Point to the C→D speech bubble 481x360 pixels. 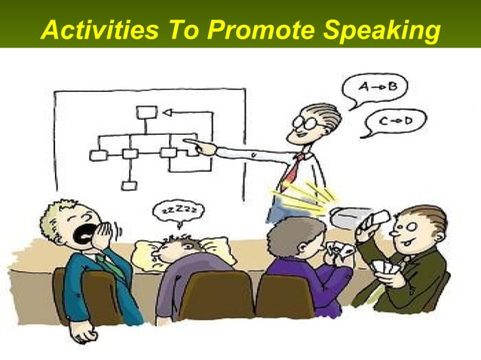point(394,121)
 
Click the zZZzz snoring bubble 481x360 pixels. point(179,213)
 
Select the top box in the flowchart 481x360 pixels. point(146,112)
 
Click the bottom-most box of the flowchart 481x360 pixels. point(130,185)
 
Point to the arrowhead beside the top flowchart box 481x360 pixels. point(167,112)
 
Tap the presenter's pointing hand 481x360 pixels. point(200,145)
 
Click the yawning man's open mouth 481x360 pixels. point(85,230)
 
